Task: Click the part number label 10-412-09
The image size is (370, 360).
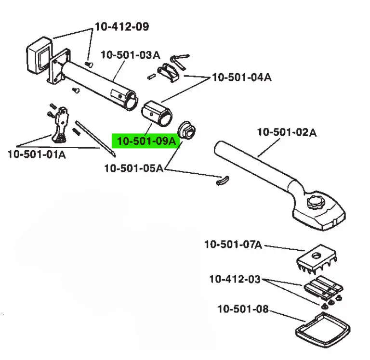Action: (x=122, y=26)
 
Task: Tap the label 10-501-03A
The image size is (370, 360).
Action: (x=131, y=55)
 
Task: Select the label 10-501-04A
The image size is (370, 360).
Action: (x=242, y=77)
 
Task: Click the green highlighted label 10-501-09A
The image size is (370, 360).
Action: (x=146, y=141)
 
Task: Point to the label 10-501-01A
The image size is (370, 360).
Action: (x=37, y=154)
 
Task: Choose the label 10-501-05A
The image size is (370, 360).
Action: (x=134, y=168)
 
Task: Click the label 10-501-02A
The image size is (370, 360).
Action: (x=287, y=132)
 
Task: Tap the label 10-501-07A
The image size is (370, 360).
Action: (x=233, y=244)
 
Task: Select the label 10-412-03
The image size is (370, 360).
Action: (x=235, y=279)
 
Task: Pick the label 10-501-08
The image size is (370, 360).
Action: (x=243, y=309)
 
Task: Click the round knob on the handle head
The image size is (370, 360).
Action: (x=316, y=202)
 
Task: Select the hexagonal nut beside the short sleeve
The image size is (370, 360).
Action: (x=186, y=130)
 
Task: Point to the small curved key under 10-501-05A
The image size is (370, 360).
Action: (x=222, y=181)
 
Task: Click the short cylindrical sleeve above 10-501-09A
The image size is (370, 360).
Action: (x=157, y=113)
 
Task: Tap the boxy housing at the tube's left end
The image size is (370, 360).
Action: (x=39, y=55)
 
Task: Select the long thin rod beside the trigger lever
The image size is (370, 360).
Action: (x=95, y=139)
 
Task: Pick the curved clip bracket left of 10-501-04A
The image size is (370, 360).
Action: (x=169, y=72)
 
